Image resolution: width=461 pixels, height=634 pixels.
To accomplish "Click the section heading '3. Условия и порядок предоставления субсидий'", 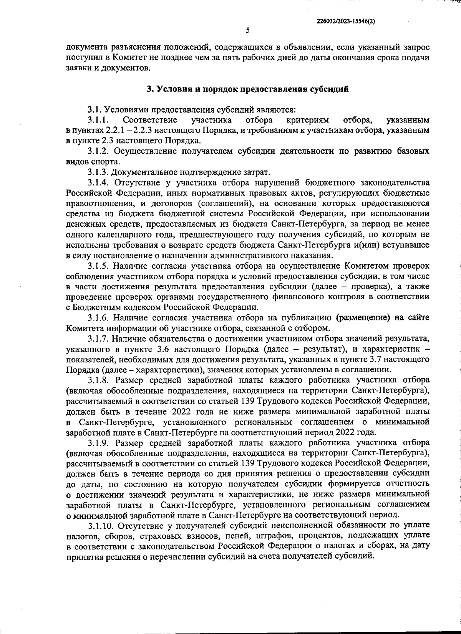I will click(x=248, y=89).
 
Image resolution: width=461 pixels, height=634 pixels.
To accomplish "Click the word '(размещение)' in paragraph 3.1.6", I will click(x=363, y=318).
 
